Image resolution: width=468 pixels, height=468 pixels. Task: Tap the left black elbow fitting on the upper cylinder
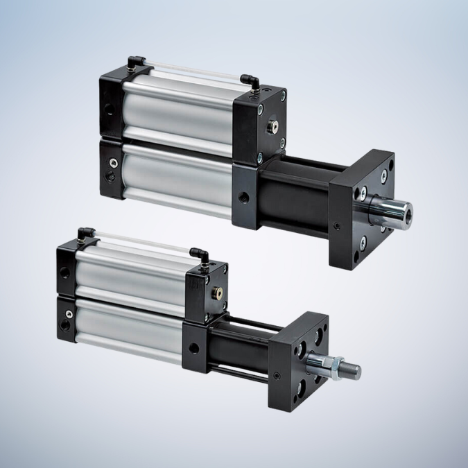point(137,62)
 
